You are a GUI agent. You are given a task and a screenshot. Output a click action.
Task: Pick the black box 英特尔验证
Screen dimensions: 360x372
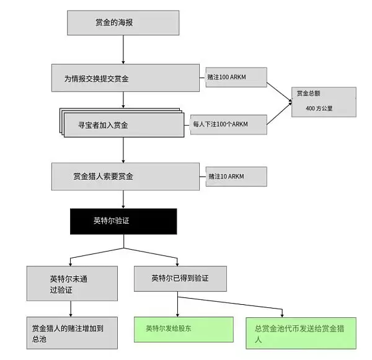pyautogui.click(x=123, y=221)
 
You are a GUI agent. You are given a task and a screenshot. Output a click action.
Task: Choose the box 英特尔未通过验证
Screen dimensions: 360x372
pyautogui.click(x=71, y=283)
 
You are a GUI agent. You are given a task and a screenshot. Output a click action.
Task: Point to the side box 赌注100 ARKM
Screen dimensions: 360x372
pyautogui.click(x=235, y=77)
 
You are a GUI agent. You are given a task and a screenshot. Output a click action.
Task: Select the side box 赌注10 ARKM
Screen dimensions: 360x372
pyautogui.click(x=235, y=177)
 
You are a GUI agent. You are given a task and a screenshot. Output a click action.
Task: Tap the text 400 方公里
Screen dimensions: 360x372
pyautogui.click(x=320, y=108)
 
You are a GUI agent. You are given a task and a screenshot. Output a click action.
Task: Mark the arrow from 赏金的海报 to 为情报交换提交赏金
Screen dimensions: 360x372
pyautogui.click(x=123, y=50)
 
